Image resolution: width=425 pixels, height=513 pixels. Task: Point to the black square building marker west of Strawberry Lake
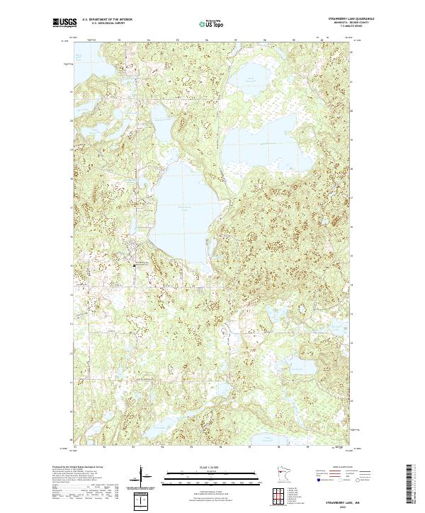tap(135, 265)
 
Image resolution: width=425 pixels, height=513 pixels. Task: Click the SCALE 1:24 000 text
tap(203, 466)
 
